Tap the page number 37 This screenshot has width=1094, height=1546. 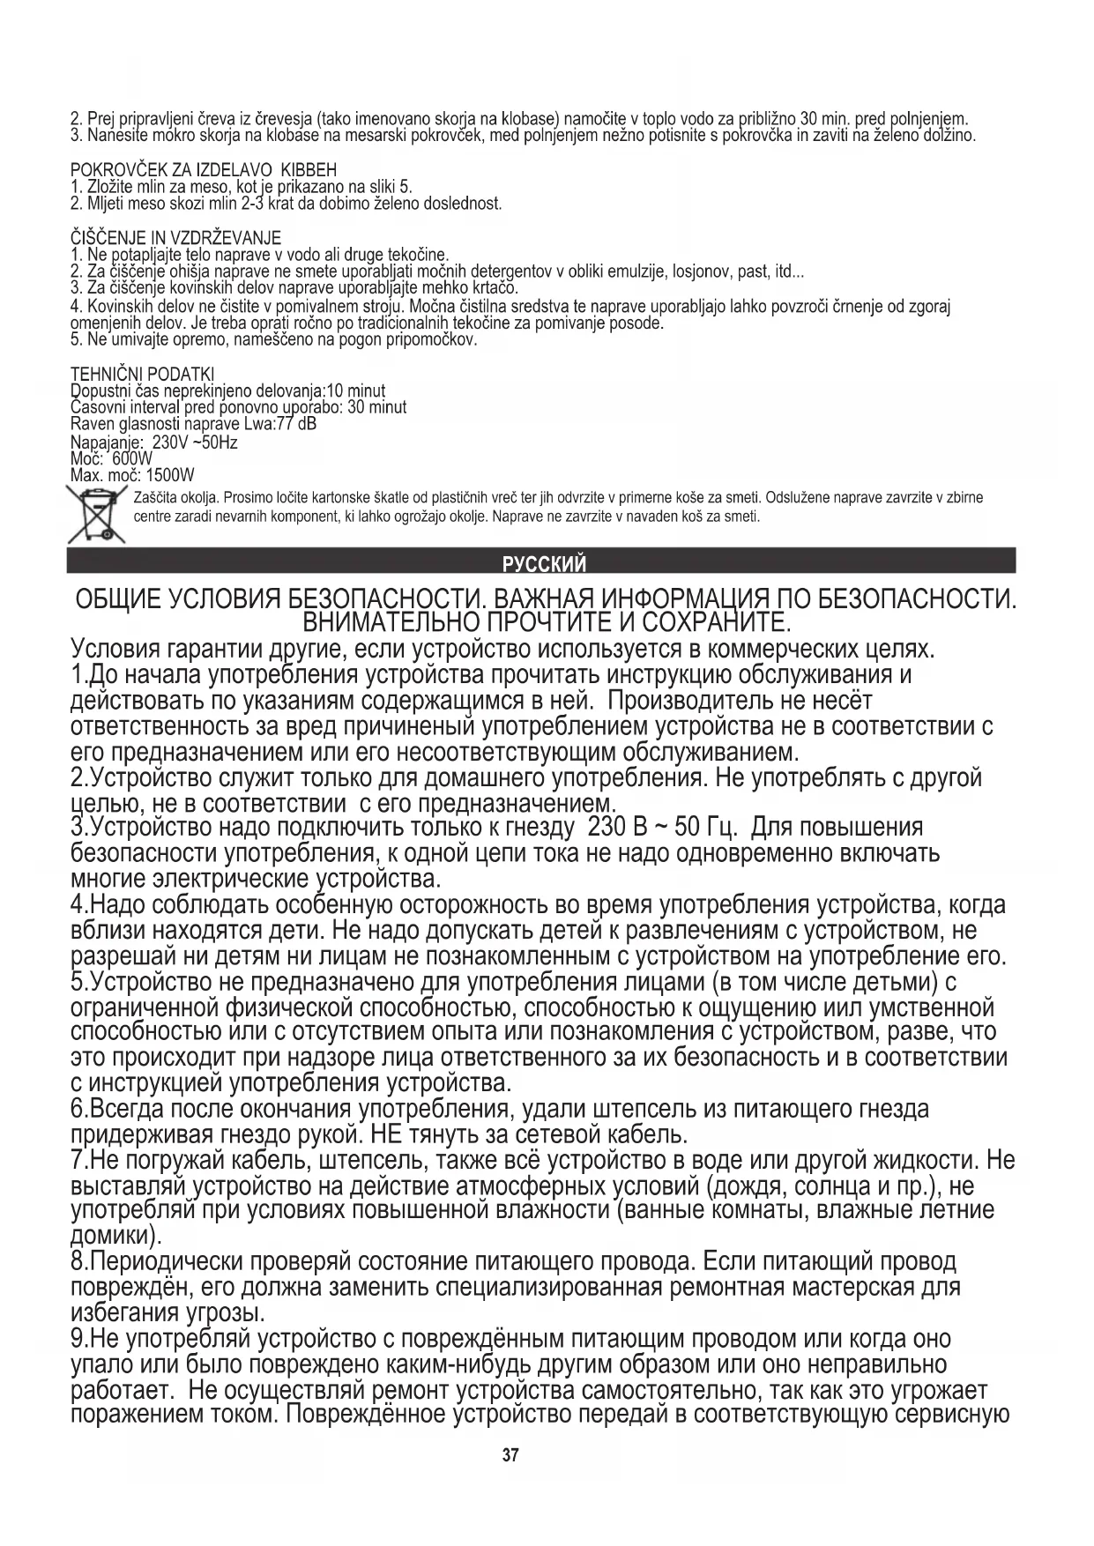click(510, 1455)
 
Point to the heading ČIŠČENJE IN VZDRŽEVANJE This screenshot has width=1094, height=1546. click(175, 238)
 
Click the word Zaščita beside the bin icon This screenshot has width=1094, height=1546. click(152, 498)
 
